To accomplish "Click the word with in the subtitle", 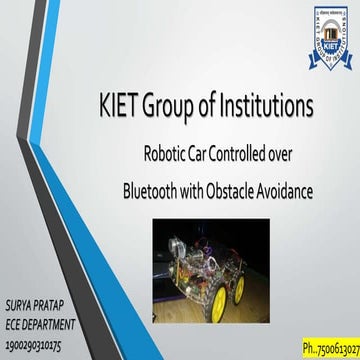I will click(225, 187).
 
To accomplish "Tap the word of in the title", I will click(223, 103).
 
